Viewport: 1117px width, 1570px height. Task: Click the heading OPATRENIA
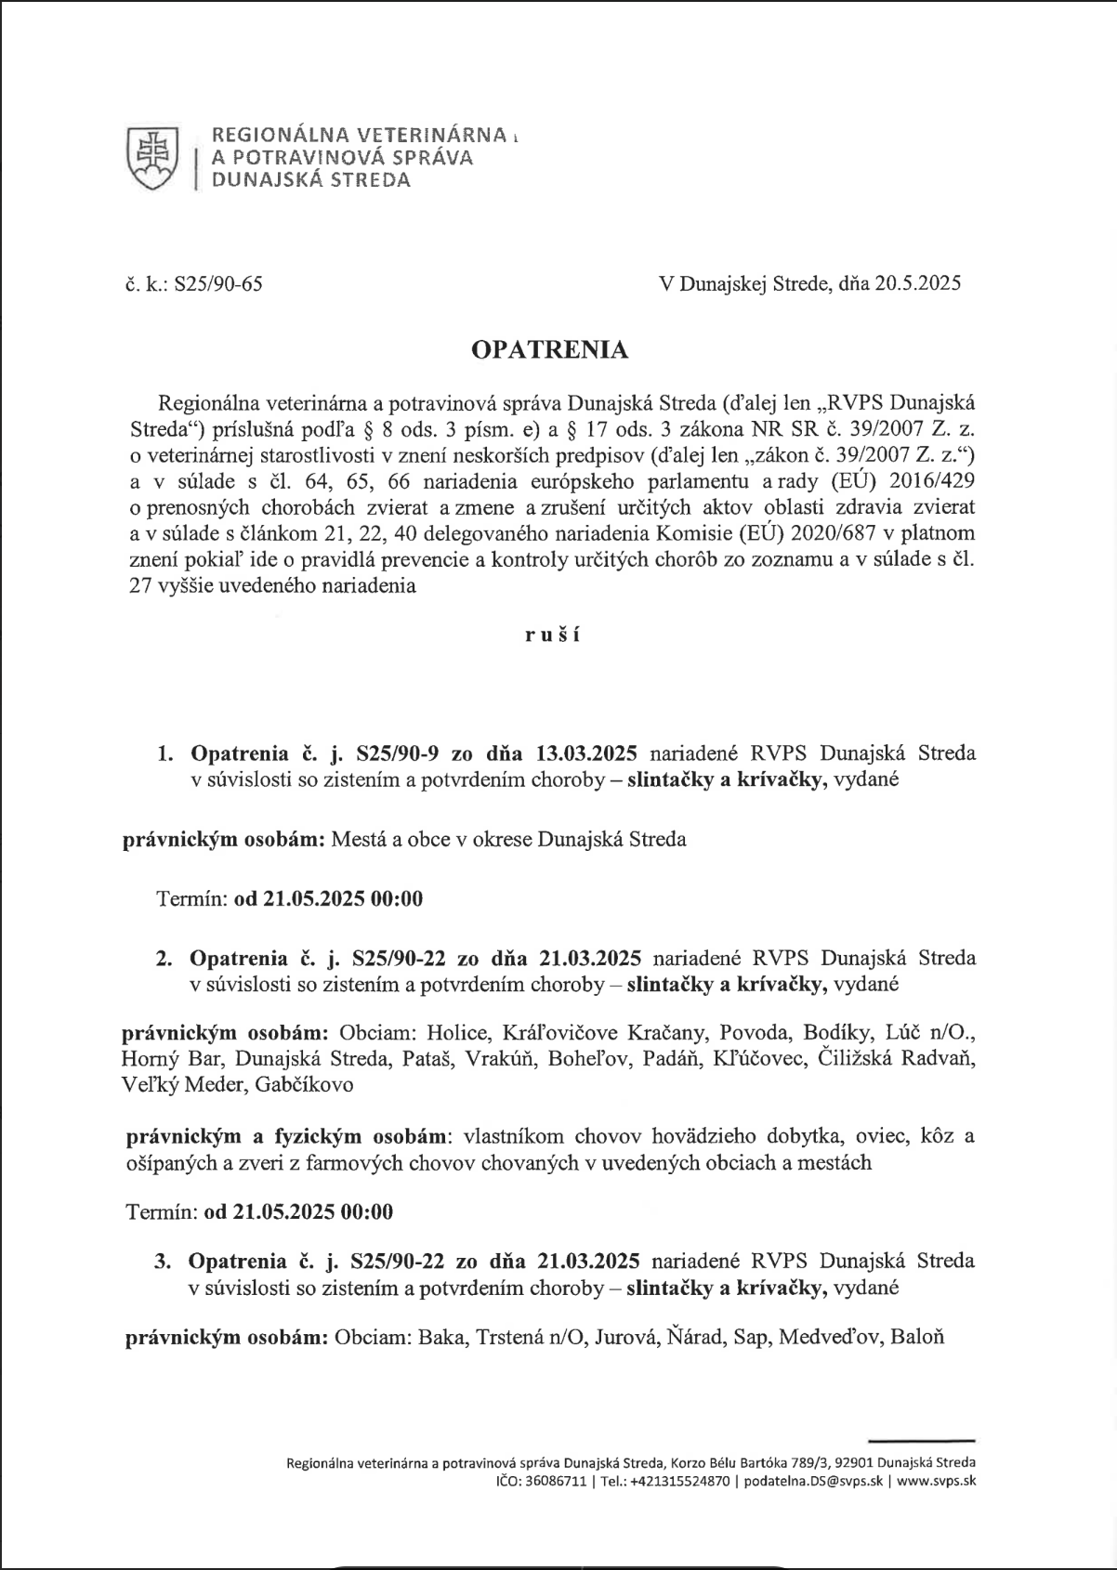pos(550,349)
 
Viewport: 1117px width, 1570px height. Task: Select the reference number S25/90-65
pos(225,283)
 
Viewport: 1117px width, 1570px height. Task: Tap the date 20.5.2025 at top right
pos(917,283)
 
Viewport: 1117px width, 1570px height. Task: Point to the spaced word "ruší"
pos(550,636)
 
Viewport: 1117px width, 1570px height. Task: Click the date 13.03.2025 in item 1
pos(587,752)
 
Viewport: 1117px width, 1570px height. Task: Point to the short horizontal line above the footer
pos(920,1438)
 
